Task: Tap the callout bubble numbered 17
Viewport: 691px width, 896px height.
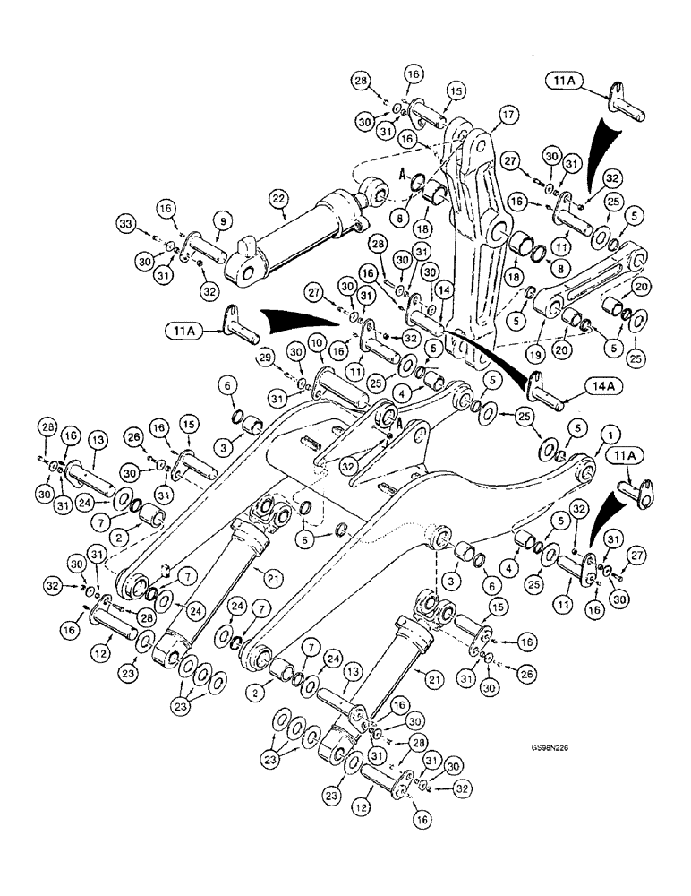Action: click(509, 115)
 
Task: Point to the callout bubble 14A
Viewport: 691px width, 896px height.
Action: click(601, 386)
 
